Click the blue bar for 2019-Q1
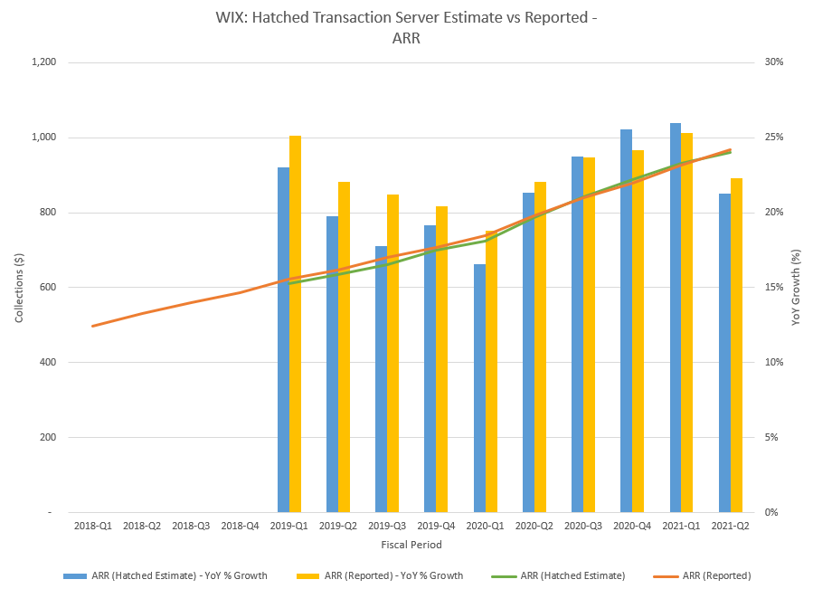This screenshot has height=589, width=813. [283, 339]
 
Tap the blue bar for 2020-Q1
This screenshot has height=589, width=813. [479, 388]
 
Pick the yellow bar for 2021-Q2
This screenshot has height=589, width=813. [736, 345]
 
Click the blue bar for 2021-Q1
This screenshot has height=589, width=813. [676, 318]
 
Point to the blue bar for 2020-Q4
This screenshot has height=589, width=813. [626, 320]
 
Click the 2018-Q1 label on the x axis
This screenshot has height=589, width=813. [93, 525]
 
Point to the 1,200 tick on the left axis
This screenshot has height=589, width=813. [42, 62]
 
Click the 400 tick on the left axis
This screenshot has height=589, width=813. [47, 363]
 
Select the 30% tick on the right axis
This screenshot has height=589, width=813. [775, 62]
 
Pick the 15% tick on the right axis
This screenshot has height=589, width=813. [775, 288]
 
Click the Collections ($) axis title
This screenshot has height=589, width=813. [19, 288]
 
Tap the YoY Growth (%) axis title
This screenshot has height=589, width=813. [796, 288]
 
